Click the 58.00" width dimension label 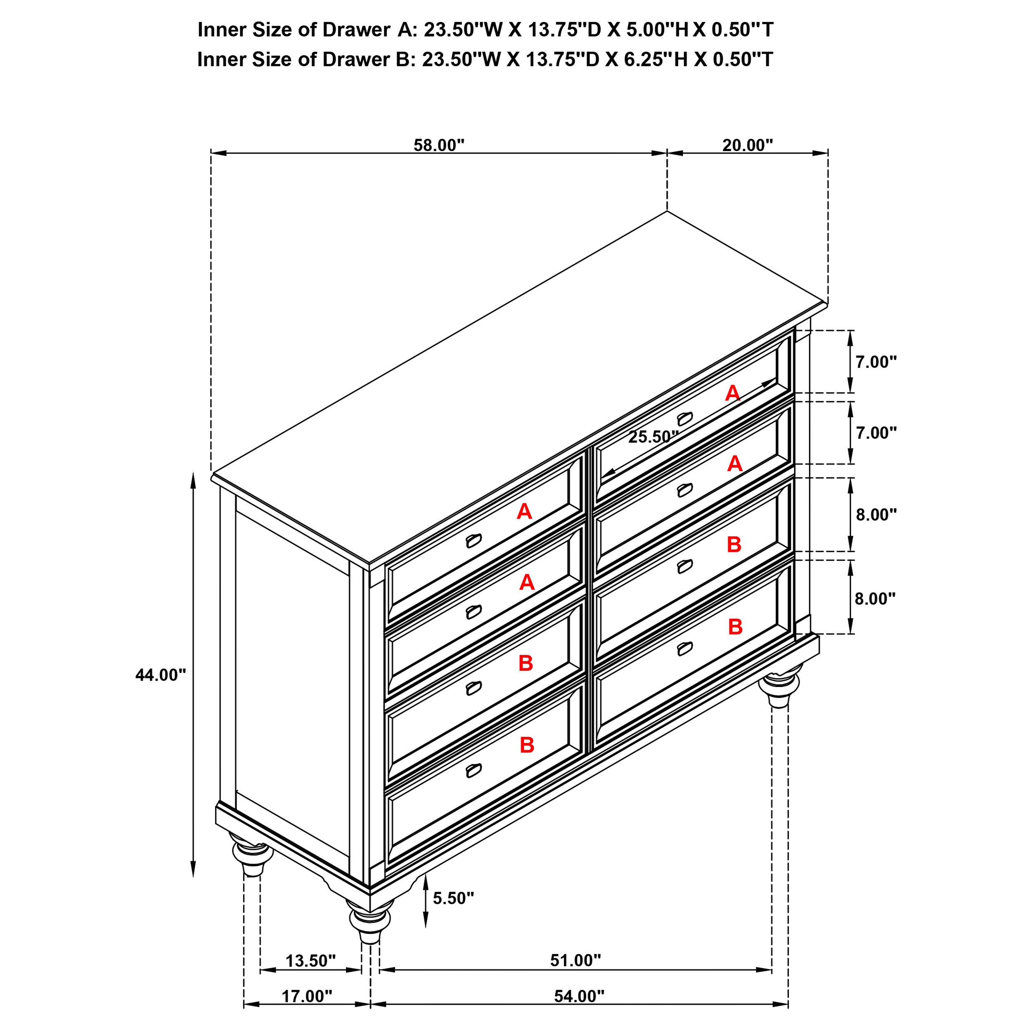point(439,145)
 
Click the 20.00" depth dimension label point(747,145)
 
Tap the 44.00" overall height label point(160,675)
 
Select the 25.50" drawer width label point(653,437)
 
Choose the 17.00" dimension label point(307,1011)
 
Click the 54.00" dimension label point(578,1011)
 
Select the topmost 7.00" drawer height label point(876,362)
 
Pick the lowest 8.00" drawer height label point(875,599)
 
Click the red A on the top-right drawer point(732,394)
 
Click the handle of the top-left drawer point(473,541)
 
